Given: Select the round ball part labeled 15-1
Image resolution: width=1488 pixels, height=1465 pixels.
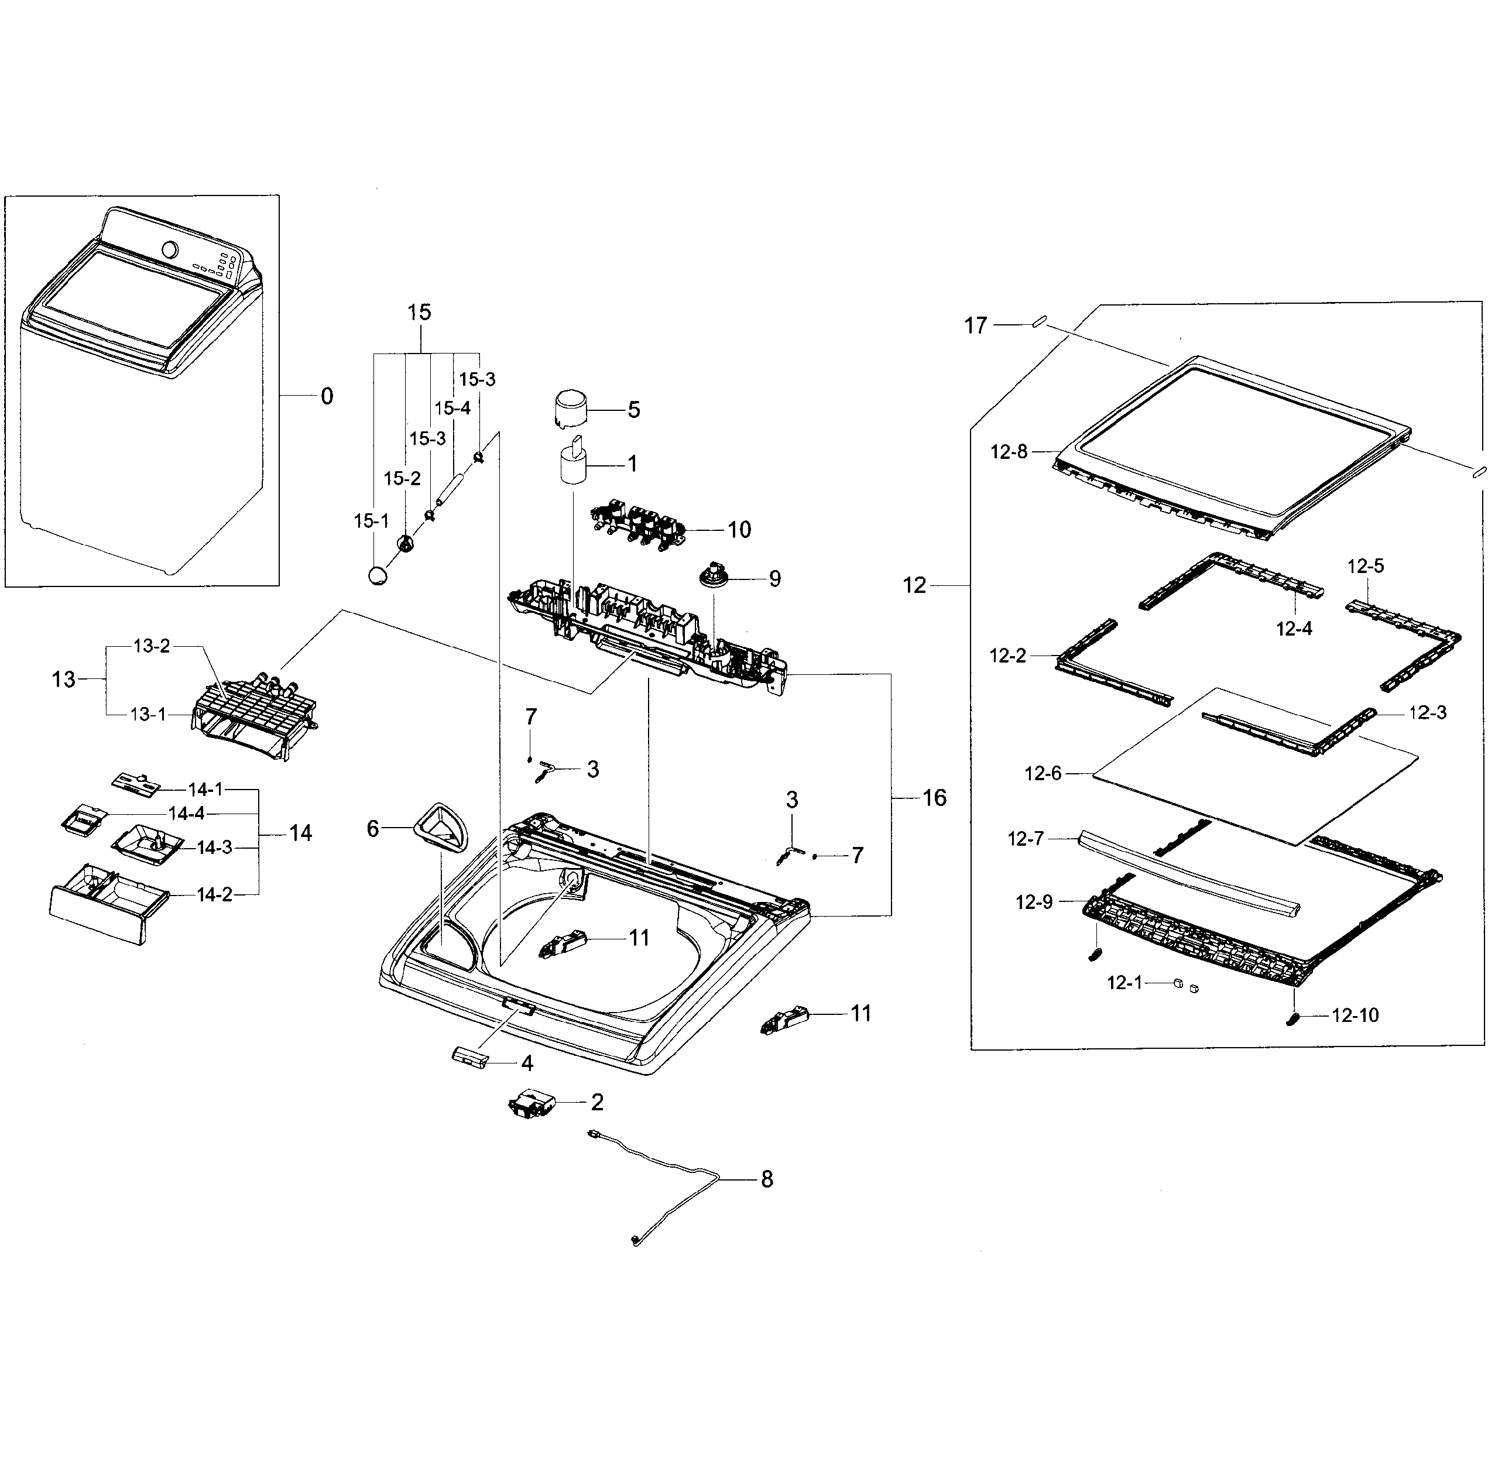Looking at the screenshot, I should [378, 575].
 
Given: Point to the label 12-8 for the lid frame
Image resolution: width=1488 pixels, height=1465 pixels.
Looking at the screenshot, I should [1008, 452].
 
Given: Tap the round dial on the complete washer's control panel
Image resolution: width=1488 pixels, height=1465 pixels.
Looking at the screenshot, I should [170, 250].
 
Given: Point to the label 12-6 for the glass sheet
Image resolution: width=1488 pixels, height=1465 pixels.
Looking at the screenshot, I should [1043, 773].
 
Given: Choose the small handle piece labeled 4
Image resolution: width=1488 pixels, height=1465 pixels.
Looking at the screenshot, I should [470, 1056].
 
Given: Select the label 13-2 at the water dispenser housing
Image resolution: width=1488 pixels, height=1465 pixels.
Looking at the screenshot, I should [152, 646].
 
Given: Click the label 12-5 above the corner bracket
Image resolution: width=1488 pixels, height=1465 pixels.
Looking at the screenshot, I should [1365, 567].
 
